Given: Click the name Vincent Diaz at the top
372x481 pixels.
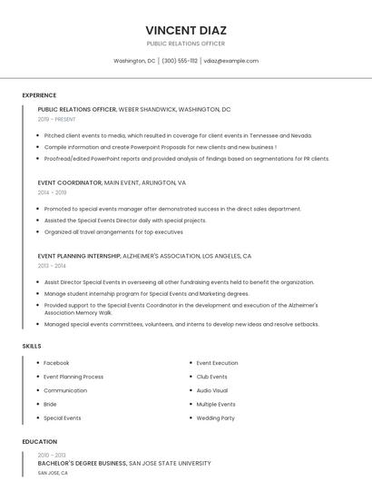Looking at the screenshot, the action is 185,29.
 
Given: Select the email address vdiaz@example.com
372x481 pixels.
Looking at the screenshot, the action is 230,61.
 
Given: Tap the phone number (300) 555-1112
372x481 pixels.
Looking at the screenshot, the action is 179,61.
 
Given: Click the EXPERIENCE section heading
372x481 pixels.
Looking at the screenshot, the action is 39,95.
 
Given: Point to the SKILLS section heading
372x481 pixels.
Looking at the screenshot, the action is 32,346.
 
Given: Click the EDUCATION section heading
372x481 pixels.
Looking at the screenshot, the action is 39,442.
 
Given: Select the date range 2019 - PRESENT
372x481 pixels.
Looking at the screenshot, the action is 56,119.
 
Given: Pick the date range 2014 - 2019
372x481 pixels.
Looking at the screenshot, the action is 52,192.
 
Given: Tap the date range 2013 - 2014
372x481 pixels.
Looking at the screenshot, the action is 52,266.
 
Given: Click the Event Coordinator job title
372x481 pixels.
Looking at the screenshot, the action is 70,182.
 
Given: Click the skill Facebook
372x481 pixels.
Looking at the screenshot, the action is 56,363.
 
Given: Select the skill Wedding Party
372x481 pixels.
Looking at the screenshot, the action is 215,418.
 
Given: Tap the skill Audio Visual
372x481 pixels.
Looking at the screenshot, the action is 211,390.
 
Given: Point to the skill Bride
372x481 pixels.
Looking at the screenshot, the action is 50,404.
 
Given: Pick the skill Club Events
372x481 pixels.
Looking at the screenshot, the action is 211,377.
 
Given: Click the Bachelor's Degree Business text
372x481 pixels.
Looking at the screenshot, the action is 82,463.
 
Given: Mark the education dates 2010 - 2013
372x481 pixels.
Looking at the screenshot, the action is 52,455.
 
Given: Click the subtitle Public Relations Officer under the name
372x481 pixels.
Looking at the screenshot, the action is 185,44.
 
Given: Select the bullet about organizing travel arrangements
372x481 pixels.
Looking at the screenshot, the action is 113,231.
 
